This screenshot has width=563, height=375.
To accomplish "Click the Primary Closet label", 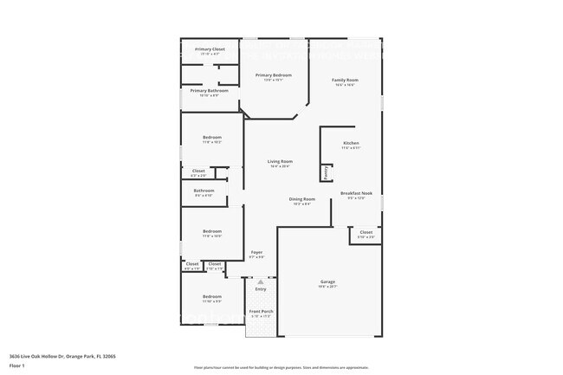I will (x=210, y=49).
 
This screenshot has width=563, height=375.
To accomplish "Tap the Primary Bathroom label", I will (x=210, y=90).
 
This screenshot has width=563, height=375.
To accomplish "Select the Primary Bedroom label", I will (x=273, y=75).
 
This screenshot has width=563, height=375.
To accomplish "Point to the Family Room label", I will (x=345, y=81).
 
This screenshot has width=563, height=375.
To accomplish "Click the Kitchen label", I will (x=351, y=143).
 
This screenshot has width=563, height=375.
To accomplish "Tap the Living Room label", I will (x=280, y=161).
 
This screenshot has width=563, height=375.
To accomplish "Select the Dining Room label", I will (x=302, y=199).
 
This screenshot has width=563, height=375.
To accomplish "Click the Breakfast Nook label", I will (x=356, y=193).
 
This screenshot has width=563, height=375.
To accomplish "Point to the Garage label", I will (x=328, y=281).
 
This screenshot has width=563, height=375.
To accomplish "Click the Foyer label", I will (x=257, y=252).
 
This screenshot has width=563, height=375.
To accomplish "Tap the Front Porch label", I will (x=261, y=311).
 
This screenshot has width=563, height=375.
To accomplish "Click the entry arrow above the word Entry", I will (x=260, y=281).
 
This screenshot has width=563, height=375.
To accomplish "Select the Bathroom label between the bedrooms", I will (x=204, y=191).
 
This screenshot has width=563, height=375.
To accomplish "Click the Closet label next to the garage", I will (x=366, y=232).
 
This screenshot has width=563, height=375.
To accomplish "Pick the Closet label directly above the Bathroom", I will (x=198, y=171).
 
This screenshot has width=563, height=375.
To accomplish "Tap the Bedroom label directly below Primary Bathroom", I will (x=212, y=138).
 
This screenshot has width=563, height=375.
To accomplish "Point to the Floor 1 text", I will (x=17, y=366).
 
